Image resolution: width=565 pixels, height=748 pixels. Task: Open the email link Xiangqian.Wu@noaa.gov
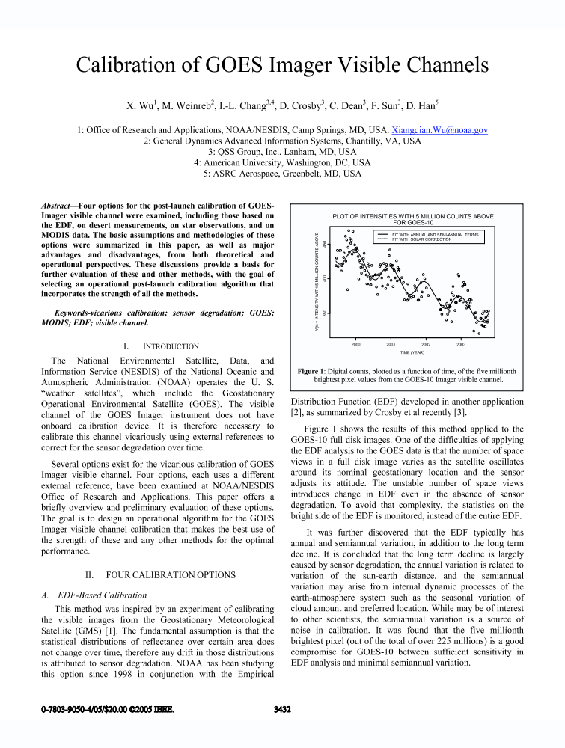(x=440, y=129)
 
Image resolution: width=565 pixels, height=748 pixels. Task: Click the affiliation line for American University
(x=282, y=162)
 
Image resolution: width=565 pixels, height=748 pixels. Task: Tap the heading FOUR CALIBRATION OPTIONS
(x=175, y=575)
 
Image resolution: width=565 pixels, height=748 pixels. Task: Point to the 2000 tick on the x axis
(x=356, y=345)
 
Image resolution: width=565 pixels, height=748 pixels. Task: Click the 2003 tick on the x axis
(x=461, y=345)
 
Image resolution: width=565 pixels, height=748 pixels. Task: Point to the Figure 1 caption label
(x=309, y=371)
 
